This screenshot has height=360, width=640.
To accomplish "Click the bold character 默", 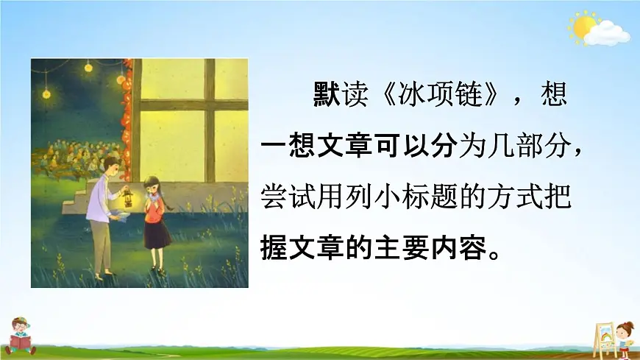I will (325, 96).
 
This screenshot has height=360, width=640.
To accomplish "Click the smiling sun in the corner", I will (585, 27).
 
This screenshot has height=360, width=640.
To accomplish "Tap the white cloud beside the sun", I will (610, 32).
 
